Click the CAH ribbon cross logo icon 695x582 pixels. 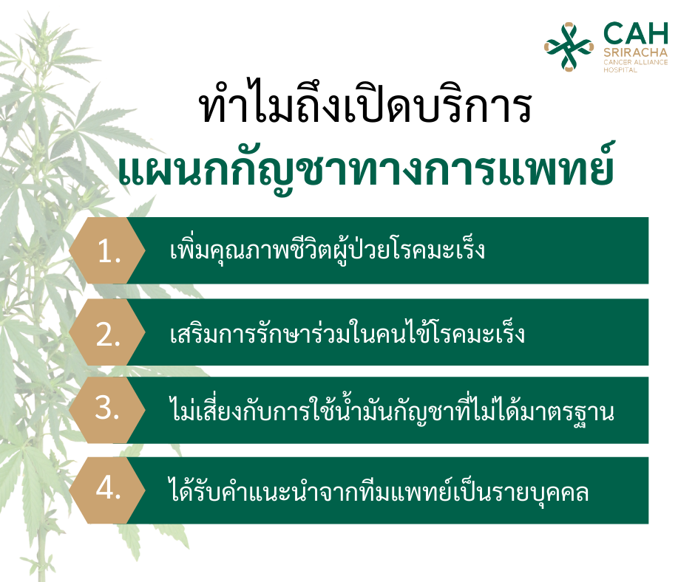pyautogui.click(x=569, y=47)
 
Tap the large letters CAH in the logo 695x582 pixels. pyautogui.click(x=636, y=34)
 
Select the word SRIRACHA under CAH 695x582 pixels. pyautogui.click(x=636, y=52)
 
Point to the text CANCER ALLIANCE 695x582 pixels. pyautogui.click(x=636, y=63)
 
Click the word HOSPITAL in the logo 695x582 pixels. pyautogui.click(x=620, y=70)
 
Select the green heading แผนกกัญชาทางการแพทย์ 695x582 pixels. pyautogui.click(x=367, y=168)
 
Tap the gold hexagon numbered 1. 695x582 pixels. pyautogui.click(x=107, y=250)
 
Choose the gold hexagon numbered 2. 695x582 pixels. pyautogui.click(x=107, y=332)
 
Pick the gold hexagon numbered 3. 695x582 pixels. pyautogui.click(x=107, y=410)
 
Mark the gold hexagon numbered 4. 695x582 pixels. pyautogui.click(x=107, y=490)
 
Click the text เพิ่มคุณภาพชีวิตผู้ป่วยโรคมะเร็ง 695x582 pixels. pyautogui.click(x=327, y=250)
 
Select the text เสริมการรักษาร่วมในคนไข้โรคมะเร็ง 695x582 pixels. pyautogui.click(x=347, y=332)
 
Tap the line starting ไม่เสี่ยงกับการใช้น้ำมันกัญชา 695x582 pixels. pyautogui.click(x=392, y=410)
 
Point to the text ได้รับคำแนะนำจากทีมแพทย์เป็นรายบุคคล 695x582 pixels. pyautogui.click(x=379, y=490)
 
